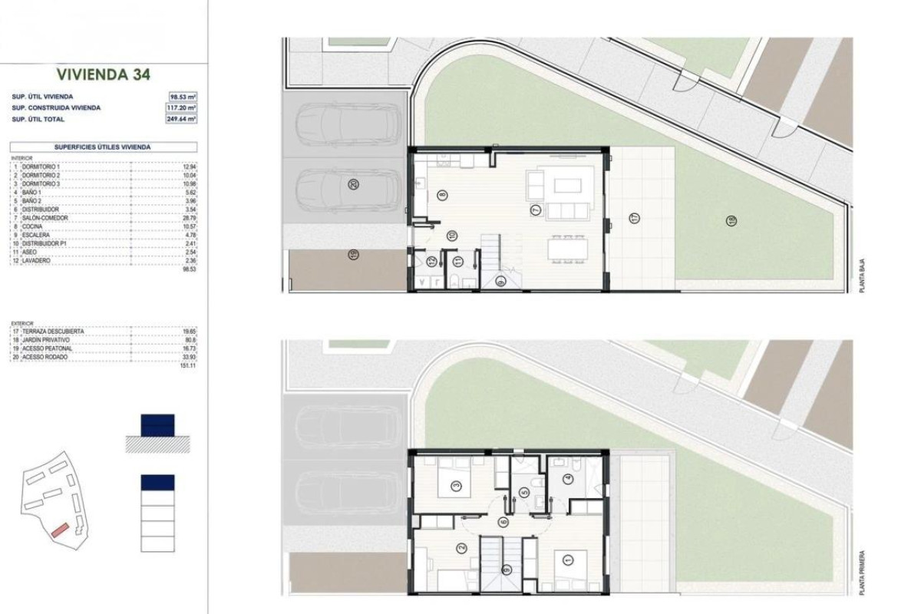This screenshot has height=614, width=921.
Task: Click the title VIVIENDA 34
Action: [x=104, y=74]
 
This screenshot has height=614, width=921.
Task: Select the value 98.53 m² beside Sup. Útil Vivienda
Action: [x=183, y=97]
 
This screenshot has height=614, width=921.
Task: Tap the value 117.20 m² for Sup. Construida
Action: [x=183, y=108]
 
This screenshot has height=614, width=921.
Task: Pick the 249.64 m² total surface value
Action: [x=183, y=120]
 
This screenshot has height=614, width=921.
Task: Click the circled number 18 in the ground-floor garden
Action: [x=732, y=221]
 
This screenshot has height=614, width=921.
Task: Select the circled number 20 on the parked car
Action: [x=353, y=184]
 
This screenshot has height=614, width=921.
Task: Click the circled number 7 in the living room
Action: [x=536, y=209]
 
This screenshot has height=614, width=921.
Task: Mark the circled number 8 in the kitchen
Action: [x=442, y=196]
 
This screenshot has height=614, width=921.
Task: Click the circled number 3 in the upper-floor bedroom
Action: [x=456, y=485]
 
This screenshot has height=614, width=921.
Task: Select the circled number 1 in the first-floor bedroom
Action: [x=568, y=561]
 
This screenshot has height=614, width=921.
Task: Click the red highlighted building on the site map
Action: [x=60, y=530]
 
